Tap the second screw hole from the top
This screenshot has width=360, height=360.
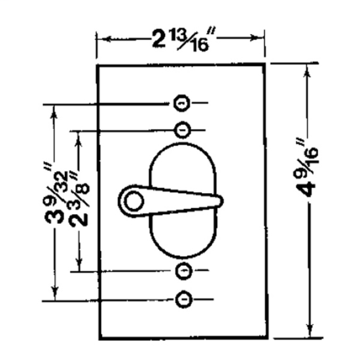coord(184,128)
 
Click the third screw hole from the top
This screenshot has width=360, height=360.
coord(184,270)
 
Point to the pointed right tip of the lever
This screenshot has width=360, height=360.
coord(222,200)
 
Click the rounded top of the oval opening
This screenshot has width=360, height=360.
coord(184,149)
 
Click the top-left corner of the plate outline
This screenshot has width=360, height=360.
coord(99,65)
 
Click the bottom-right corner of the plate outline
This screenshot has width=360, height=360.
coord(266,338)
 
